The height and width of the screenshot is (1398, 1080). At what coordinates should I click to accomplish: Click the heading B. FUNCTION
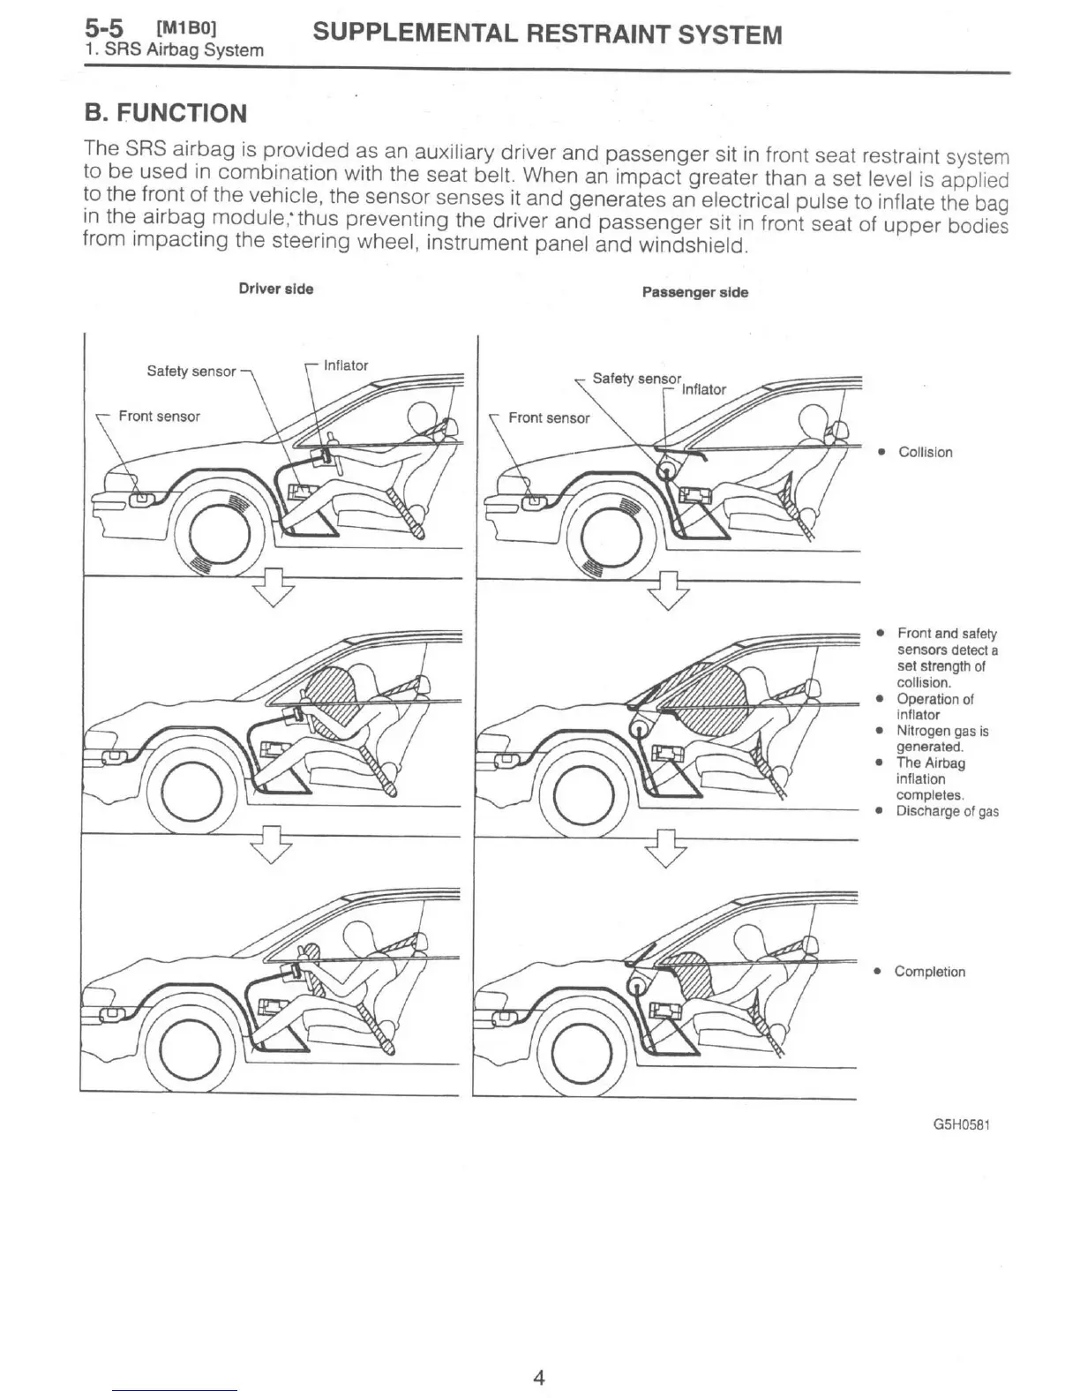pos(165,113)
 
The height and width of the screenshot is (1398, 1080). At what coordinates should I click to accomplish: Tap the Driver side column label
pos(276,289)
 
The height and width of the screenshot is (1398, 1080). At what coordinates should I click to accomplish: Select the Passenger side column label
pos(694,292)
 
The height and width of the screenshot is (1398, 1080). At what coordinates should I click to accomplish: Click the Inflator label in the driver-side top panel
pos(346,365)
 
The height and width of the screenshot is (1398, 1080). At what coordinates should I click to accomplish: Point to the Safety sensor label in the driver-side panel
pos(191,372)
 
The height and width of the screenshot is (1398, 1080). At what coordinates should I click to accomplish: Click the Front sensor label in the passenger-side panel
pos(549,417)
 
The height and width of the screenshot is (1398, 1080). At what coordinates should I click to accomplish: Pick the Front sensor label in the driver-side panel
pos(159,416)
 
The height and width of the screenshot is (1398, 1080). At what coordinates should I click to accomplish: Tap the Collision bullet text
pos(925,452)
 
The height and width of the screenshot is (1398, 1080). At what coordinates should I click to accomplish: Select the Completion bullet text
pos(929,972)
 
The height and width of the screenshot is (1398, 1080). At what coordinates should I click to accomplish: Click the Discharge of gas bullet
pos(947,811)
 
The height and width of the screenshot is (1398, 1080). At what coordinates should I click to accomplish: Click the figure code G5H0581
pos(961,1125)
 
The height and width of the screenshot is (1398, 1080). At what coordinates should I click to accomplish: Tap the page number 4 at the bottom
pos(539,1377)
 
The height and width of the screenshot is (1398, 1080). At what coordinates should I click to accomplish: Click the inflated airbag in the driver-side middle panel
pos(332,692)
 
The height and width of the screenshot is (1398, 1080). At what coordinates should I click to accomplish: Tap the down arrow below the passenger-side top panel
pos(668,588)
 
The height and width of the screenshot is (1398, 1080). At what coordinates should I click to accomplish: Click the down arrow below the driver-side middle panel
pos(272,843)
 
